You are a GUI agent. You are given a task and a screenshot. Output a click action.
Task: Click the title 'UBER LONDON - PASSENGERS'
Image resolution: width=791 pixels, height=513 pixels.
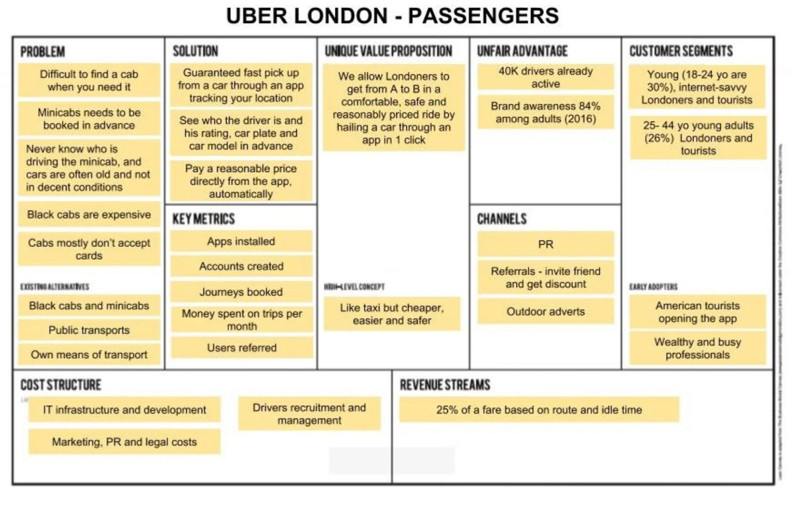(392, 16)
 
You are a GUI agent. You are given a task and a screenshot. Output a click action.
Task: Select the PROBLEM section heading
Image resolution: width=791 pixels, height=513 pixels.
(42, 52)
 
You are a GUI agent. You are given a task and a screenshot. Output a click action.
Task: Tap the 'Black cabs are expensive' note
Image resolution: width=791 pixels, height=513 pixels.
(89, 215)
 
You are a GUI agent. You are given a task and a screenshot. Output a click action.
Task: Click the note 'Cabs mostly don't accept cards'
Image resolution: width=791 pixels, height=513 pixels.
(89, 249)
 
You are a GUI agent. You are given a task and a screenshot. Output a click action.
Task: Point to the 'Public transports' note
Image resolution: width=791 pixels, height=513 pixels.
(89, 330)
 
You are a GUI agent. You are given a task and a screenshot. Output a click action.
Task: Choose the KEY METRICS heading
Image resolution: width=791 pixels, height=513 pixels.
(203, 219)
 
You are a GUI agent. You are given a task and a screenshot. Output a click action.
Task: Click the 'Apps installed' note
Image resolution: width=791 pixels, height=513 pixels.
(241, 242)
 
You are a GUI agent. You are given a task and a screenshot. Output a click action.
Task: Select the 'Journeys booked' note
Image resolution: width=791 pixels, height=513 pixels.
(241, 292)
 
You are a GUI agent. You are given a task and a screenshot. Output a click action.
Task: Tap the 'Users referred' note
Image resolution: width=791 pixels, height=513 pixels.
(242, 348)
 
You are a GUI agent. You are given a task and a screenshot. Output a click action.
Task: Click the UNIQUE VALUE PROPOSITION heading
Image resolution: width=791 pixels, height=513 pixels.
(388, 51)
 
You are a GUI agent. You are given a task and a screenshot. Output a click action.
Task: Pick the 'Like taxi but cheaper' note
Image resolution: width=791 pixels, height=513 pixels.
(392, 314)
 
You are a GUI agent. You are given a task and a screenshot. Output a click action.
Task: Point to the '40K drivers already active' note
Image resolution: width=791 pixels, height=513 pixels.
(546, 78)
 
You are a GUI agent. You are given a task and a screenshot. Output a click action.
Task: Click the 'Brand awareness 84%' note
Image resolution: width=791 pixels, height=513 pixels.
(546, 112)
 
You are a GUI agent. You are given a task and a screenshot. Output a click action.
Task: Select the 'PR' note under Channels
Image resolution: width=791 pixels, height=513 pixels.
(546, 245)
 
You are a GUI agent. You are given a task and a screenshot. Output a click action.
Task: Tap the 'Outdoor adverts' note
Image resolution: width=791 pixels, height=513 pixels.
(546, 312)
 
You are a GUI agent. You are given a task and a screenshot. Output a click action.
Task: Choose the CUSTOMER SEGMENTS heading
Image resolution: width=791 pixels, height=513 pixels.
(681, 51)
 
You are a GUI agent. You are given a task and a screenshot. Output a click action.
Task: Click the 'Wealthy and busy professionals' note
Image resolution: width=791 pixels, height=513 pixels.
(697, 348)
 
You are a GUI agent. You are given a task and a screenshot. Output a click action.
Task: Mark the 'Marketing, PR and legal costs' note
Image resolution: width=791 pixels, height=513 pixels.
(124, 442)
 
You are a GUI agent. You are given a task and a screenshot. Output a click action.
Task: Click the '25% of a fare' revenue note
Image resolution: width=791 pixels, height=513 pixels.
(539, 410)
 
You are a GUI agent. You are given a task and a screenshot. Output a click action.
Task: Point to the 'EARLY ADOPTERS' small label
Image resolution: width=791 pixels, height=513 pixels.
(653, 287)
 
